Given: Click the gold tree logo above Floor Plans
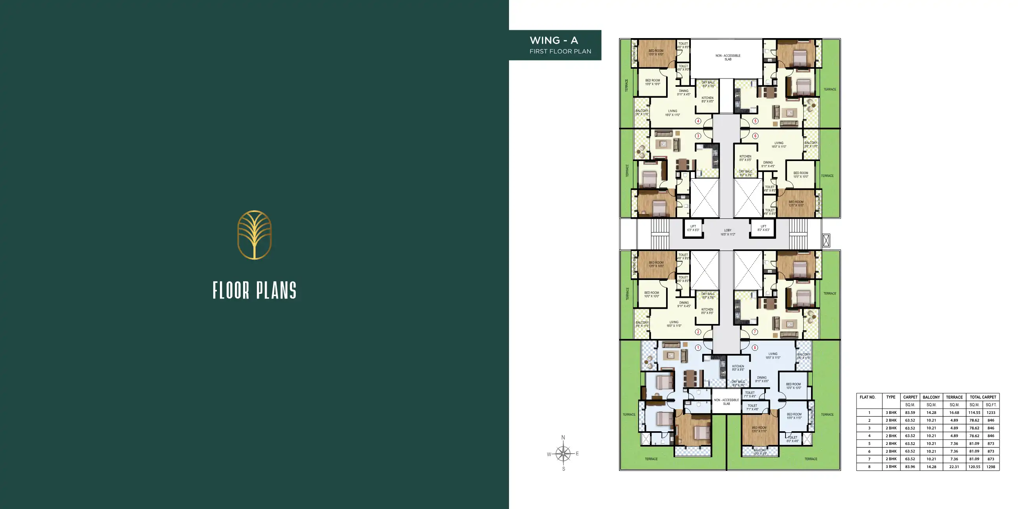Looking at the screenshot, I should coord(255,235).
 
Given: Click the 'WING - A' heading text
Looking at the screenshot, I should coord(554,40).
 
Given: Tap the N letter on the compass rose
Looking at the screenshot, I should coord(563,438).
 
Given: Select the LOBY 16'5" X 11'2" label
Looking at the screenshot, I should coord(727,233).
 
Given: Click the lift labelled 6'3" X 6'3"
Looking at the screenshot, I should coord(693,228).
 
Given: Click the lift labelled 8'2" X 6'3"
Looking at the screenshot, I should coord(763,228).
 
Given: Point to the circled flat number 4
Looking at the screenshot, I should coord(698,121).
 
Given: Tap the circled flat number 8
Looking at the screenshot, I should coord(755,348).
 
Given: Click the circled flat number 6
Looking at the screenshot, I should coord(755,136).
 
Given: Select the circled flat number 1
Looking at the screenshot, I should coord(698,348).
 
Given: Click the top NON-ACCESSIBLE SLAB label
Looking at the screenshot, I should coord(727,57).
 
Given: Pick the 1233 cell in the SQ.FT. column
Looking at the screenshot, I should coord(991,412).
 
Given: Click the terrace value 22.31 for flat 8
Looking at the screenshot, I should coord(954,467).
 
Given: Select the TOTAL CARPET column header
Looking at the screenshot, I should coord(982,397).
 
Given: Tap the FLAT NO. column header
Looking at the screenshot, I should coord(868,397).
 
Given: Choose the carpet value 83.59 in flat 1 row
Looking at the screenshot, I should coord(910,412).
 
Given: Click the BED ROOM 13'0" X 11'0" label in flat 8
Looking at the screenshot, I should coord(759,429).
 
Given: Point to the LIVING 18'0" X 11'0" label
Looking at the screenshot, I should coord(773,356).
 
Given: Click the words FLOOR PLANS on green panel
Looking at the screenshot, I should coord(255,291).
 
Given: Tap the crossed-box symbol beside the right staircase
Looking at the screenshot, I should coord(826,240).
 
